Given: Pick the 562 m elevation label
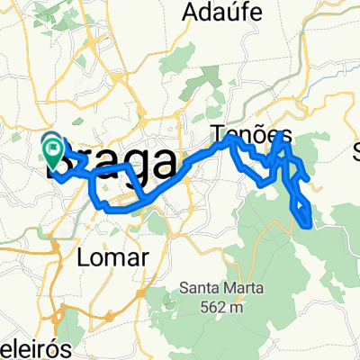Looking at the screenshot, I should [219, 306].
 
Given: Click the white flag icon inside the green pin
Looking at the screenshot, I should [53, 145].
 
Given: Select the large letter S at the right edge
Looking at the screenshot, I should [355, 149].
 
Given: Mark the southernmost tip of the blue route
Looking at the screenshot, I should [310, 227].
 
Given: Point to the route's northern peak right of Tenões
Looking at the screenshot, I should [283, 133].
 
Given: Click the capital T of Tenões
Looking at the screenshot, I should [219, 135].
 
